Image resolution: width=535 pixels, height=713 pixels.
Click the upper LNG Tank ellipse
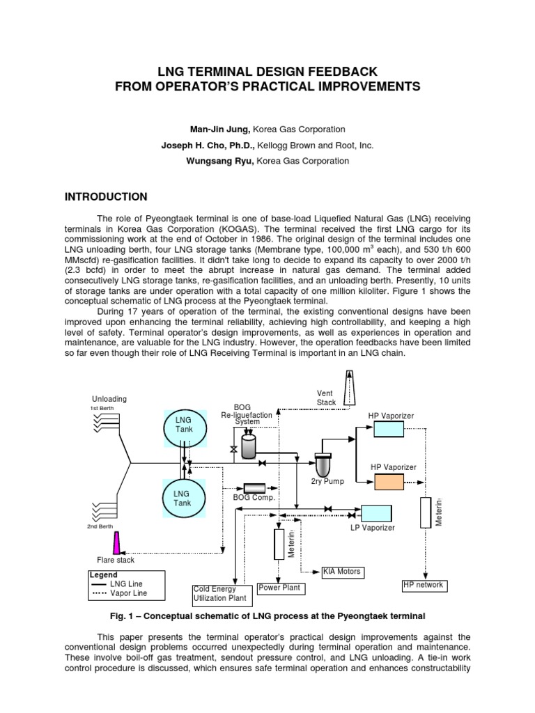point(184,425)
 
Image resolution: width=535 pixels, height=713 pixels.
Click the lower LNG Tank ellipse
point(184,498)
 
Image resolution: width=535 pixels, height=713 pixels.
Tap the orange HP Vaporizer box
point(393,481)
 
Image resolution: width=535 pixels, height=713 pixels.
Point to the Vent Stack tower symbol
point(348,388)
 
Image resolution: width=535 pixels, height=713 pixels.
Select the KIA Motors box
point(342,572)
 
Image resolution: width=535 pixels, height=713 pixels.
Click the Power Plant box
point(279,588)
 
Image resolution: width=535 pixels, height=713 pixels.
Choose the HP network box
point(424,585)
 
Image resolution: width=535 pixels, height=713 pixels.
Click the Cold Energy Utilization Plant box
point(219,593)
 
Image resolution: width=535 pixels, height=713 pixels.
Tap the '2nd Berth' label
point(100,527)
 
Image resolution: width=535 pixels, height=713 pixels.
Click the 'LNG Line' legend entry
point(127,583)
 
